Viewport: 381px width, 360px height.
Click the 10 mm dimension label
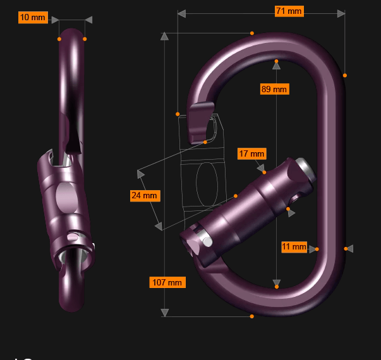point(33,18)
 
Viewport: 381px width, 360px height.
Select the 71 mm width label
point(289,11)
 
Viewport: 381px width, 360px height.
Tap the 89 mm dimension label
point(274,89)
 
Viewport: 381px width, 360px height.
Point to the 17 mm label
point(251,153)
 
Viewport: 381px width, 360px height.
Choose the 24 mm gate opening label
point(144,196)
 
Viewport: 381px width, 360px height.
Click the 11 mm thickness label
point(294,246)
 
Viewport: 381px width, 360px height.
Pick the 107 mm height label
point(167,282)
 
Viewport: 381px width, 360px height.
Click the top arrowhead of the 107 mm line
point(165,36)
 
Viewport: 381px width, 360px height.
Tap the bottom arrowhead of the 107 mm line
point(165,312)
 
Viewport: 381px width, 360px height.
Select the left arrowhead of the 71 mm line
point(181,13)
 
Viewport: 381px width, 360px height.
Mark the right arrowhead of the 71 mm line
point(341,13)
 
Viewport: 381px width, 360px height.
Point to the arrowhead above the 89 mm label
point(276,63)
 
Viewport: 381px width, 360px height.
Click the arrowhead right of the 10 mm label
point(88,20)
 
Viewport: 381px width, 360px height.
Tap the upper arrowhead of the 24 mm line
point(141,172)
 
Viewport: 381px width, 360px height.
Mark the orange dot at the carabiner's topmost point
point(252,33)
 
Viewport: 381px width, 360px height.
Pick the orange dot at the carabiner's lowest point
point(252,316)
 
